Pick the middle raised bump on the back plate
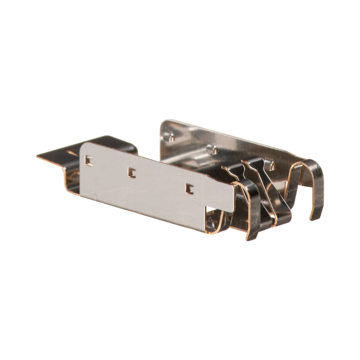pyautogui.click(x=211, y=149)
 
